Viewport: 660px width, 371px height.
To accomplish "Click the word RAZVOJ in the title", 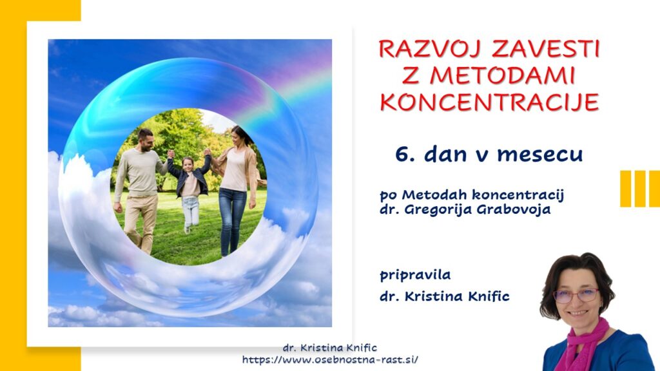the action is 431,49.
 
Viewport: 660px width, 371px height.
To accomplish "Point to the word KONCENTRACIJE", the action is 489,102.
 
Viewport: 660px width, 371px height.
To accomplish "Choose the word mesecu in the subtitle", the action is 540,155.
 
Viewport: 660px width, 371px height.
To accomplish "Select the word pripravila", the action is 415,276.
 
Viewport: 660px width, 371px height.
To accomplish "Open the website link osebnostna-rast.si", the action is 330,359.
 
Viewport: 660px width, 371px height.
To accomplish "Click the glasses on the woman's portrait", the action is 576,295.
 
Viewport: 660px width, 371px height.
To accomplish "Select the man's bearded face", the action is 146,141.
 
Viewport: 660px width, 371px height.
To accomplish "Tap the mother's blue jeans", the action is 232,221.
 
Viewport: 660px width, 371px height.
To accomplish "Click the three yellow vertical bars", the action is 640,189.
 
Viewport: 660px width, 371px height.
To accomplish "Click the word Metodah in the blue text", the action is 434,195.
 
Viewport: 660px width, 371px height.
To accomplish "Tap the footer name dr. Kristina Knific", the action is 330,348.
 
